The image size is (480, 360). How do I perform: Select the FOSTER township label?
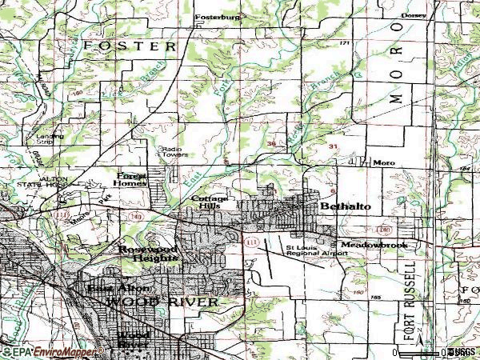[130, 46]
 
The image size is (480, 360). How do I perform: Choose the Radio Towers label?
[172, 151]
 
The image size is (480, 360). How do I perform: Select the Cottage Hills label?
[210, 201]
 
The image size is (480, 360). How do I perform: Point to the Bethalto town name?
[345, 206]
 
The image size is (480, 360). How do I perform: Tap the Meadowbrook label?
[374, 244]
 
